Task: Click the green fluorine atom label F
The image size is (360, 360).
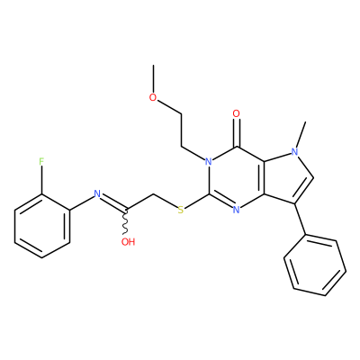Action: click(41, 162)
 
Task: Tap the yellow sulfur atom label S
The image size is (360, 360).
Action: click(180, 210)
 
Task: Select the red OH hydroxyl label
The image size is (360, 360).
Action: click(128, 242)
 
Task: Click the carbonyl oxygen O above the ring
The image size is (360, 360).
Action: click(237, 113)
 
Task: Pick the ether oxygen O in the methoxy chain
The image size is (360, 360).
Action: click(153, 97)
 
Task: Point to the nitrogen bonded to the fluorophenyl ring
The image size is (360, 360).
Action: click(97, 193)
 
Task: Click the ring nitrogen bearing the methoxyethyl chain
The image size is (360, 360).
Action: click(209, 162)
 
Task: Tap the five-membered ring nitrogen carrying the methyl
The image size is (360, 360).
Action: click(295, 151)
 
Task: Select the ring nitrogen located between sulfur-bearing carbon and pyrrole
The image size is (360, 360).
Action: click(237, 210)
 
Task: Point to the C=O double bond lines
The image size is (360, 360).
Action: click(237, 132)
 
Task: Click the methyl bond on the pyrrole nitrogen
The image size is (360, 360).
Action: click(301, 134)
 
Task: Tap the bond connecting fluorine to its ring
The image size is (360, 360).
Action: click(41, 180)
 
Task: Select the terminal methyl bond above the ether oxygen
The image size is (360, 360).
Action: click(153, 78)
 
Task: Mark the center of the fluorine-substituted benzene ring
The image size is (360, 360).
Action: click(42, 226)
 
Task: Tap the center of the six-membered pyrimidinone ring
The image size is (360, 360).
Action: click(237, 178)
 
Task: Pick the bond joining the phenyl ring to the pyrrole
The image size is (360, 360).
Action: click(301, 219)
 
